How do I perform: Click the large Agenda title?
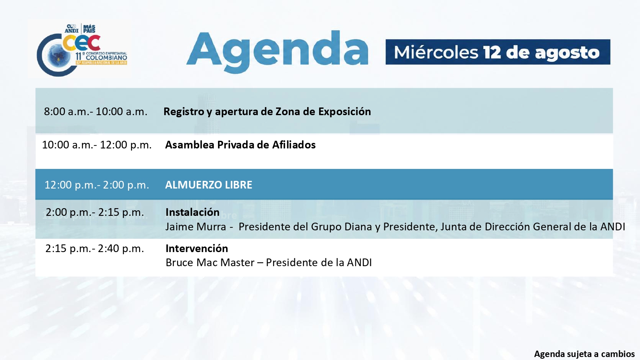point(277,52)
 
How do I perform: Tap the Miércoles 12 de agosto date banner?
point(498,52)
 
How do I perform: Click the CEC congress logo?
point(82,50)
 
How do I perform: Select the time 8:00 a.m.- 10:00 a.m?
point(96,111)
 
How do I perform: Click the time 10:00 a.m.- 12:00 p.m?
point(96,145)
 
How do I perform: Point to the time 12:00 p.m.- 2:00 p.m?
point(96,185)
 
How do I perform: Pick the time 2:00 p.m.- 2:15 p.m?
point(95,212)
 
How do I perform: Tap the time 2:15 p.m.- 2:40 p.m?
point(95,249)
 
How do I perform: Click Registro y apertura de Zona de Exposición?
point(267,111)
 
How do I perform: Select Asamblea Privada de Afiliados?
point(240,145)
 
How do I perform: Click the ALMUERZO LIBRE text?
point(209,185)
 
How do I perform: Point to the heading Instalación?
point(192,212)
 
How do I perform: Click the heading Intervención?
point(197,249)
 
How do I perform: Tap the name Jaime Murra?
point(196,227)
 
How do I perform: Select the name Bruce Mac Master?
point(210,263)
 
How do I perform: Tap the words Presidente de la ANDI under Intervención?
point(319,263)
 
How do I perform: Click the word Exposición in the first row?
point(345,111)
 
